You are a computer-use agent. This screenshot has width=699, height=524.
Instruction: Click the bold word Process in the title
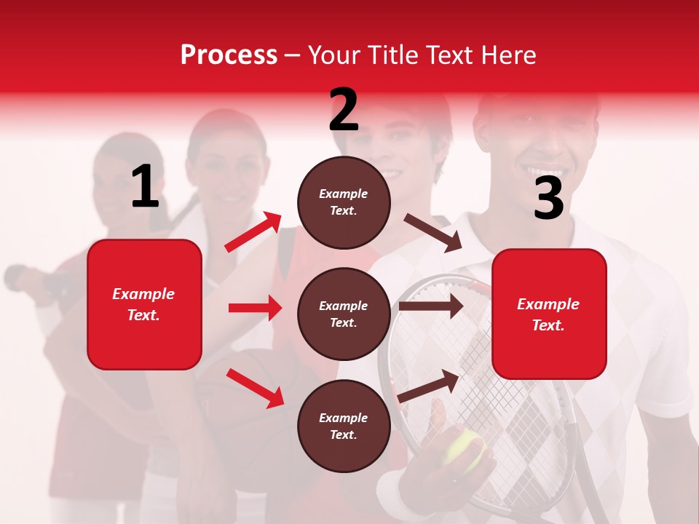pos(229,55)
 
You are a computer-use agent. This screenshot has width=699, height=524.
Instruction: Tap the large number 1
pos(145,186)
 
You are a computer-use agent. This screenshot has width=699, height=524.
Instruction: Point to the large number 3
pos(548,198)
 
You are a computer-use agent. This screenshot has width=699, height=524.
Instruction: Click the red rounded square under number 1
pos(144,304)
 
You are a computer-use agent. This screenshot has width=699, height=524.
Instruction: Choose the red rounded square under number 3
pos(549,314)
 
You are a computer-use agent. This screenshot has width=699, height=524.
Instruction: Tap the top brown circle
pos(344,202)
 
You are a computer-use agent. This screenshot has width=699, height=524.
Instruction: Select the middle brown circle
pos(344,314)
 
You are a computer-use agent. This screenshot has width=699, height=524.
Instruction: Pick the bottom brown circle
pos(344,426)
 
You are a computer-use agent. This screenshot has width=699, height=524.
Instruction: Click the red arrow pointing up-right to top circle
pos(253,232)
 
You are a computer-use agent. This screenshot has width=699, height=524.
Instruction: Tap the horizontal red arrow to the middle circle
pos(255,308)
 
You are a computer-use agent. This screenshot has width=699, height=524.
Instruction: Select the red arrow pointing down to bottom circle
pos(256,388)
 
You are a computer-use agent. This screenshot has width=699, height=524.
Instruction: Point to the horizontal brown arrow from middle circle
pos(430,306)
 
